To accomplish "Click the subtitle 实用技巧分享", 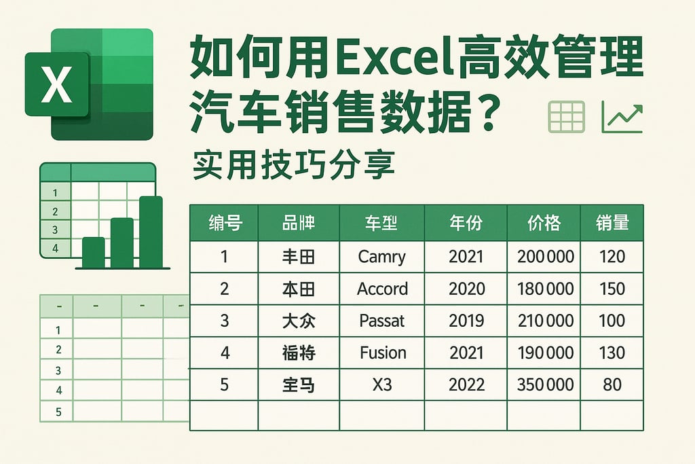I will click(293, 164).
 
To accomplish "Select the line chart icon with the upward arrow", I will click(622, 118).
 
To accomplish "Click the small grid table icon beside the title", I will click(566, 118).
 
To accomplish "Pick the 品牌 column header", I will click(299, 223).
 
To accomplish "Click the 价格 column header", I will click(544, 223).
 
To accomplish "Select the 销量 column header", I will click(612, 223).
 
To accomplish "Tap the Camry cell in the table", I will click(382, 257).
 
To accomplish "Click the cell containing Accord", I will click(382, 289).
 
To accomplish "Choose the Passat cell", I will click(382, 321).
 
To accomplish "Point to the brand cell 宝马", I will click(299, 385).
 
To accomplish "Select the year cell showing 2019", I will click(466, 321).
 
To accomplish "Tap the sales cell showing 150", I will click(612, 289).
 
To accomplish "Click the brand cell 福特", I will click(299, 353).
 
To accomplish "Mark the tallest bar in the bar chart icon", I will click(151, 232).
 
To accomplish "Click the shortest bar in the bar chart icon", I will click(93, 253).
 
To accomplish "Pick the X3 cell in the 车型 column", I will click(382, 385).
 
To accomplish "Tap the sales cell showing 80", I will click(612, 385).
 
